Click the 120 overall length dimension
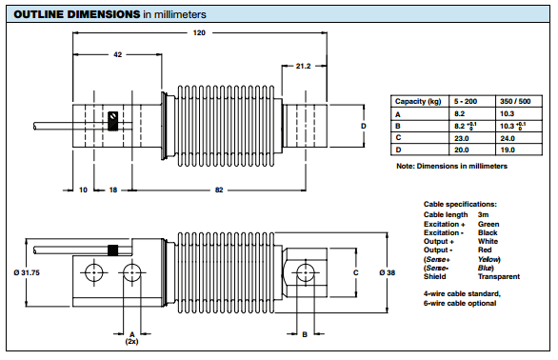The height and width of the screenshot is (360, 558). [199, 32]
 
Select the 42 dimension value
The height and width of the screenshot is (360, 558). [117, 54]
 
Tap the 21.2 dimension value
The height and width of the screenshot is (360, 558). [303, 66]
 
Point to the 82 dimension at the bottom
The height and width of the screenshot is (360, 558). [219, 190]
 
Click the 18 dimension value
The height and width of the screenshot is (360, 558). [113, 190]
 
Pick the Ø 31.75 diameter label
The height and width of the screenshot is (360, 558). [27, 272]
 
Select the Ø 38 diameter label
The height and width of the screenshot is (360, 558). [388, 272]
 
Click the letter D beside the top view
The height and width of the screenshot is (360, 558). [364, 126]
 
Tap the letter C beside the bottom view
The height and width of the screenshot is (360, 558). [355, 272]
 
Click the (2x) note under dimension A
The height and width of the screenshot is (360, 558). [131, 341]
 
